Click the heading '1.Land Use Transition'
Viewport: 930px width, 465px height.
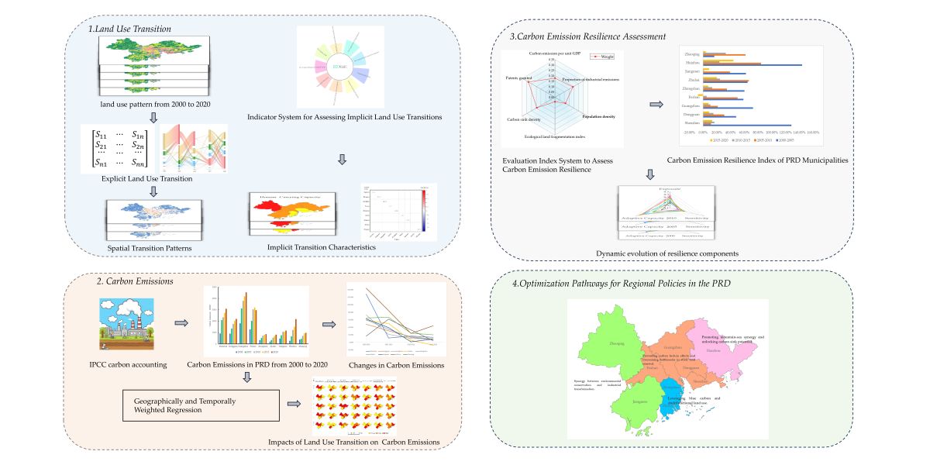coord(129,29)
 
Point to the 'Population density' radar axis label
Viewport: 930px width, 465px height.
coord(599,116)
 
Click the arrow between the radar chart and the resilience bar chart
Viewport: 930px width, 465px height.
coord(655,105)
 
